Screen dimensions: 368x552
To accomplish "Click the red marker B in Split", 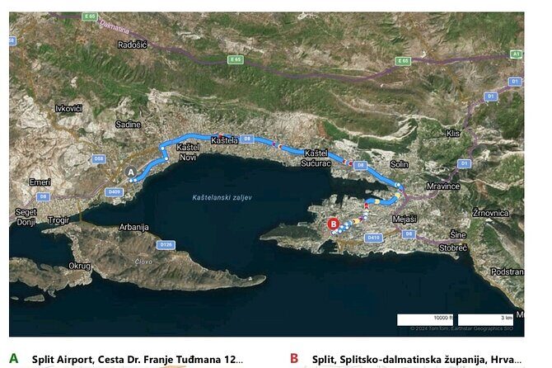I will pos(333,223).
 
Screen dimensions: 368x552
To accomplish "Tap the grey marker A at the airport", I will pos(129,172).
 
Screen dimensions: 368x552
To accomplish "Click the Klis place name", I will pos(452,132).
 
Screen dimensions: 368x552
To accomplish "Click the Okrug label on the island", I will pos(79,266).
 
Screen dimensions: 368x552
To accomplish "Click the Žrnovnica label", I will pos(490,212).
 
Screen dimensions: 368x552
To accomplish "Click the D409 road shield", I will pos(115,192).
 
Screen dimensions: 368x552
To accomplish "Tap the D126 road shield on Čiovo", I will pos(166,244).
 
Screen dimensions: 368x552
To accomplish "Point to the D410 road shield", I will pos(373,238).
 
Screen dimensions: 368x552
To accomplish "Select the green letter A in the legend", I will pos(13,358).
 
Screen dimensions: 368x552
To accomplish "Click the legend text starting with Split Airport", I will pos(138,359).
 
